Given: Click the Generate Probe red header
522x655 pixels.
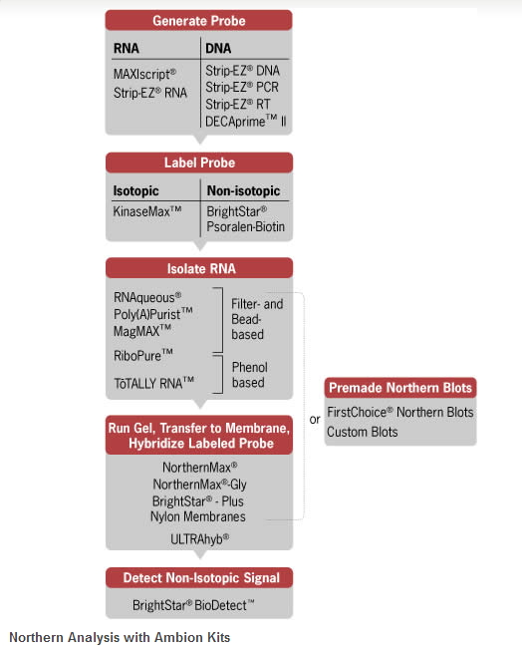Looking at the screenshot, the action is pyautogui.click(x=198, y=21).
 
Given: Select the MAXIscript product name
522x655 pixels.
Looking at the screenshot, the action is pyautogui.click(x=144, y=74).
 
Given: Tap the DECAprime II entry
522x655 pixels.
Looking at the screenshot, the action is pyautogui.click(x=245, y=122).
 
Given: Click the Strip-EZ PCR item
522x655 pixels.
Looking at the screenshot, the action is pyautogui.click(x=242, y=87).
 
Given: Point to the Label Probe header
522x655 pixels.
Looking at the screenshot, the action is pyautogui.click(x=199, y=163).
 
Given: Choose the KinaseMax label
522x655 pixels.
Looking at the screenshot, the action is pyautogui.click(x=147, y=211).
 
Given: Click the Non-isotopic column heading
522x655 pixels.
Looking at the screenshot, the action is pyautogui.click(x=244, y=190).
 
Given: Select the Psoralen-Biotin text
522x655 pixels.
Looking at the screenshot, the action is pyautogui.click(x=246, y=227).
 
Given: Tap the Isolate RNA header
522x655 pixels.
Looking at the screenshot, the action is pyautogui.click(x=201, y=268).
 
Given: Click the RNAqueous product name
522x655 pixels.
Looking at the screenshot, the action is pyautogui.click(x=147, y=297).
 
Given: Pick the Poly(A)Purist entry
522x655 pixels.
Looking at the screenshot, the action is pyautogui.click(x=153, y=314).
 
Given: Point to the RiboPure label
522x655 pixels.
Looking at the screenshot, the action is pyautogui.click(x=143, y=356).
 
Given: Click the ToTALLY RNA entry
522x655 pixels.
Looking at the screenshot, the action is pyautogui.click(x=154, y=383).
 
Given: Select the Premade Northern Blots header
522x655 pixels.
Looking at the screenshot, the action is pyautogui.click(x=400, y=388).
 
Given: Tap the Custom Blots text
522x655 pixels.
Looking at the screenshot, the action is pyautogui.click(x=363, y=432).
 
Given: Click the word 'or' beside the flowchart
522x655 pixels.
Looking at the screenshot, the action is pyautogui.click(x=315, y=420).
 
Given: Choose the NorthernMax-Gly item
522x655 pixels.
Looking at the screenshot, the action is pyautogui.click(x=200, y=485).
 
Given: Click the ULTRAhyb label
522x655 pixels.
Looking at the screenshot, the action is pyautogui.click(x=200, y=539).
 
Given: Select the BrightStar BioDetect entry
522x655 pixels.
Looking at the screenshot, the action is pyautogui.click(x=193, y=605).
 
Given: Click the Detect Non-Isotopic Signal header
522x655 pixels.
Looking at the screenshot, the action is pyautogui.click(x=201, y=577).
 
